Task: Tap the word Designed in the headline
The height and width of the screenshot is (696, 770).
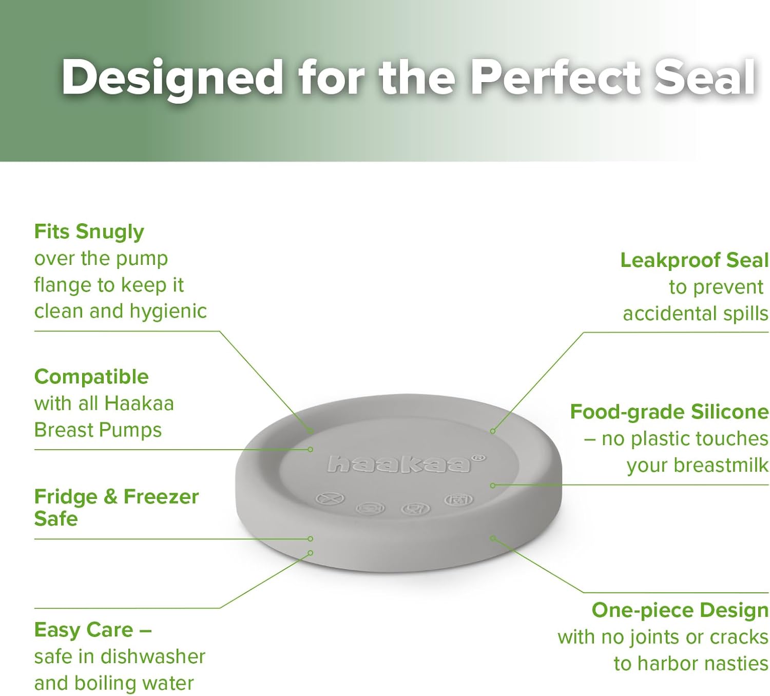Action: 172,80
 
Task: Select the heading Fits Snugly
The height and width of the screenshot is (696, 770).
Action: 89,232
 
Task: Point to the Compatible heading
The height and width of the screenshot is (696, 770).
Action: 91,377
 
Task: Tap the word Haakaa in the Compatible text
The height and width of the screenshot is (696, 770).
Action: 139,403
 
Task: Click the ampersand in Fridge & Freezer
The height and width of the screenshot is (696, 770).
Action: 110,497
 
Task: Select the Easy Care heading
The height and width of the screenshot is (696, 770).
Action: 93,630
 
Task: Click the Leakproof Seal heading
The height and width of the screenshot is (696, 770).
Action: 695,260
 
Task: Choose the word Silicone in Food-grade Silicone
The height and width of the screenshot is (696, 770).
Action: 730,412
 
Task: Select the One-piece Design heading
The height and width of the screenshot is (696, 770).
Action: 680,610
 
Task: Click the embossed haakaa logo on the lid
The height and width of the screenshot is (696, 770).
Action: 399,464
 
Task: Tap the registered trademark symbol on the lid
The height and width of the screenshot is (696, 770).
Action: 480,458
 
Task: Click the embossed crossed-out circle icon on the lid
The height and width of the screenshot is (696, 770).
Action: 330,499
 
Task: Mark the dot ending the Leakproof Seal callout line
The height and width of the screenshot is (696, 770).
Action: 492,431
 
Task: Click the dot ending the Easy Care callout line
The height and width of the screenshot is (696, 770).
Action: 311,553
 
